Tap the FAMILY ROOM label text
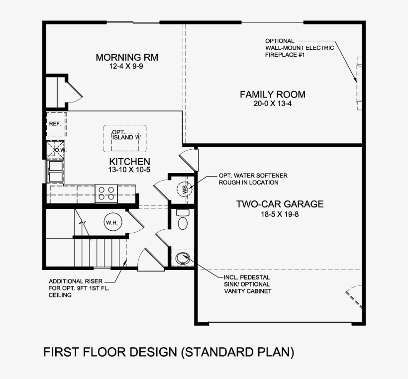pos(272,95)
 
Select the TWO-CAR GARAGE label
pos(280,204)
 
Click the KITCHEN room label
pos(129,162)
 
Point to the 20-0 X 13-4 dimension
pos(272,104)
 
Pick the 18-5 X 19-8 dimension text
pos(280,214)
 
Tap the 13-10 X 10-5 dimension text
pos(129,170)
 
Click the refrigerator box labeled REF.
pos(56,124)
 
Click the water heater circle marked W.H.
pos(111,223)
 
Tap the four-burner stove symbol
pos(106,192)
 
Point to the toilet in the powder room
pos(182,220)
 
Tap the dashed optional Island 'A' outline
pos(124,139)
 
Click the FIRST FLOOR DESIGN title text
pos(169,352)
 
